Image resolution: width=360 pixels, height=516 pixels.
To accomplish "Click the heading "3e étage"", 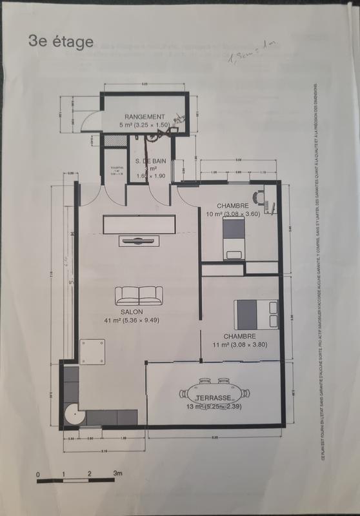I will [61, 42].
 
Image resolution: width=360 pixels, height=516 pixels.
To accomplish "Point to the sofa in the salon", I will [139, 295].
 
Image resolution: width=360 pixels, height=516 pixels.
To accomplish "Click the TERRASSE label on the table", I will [206, 398].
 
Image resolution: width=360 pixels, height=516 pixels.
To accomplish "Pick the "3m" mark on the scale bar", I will [117, 473].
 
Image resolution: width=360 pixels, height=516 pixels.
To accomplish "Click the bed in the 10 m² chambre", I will [234, 237].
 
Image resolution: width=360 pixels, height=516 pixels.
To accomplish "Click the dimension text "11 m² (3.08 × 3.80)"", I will [241, 344].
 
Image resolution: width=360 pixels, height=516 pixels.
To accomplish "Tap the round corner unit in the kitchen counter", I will [74, 417].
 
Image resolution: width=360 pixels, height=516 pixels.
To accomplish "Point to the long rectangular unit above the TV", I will [139, 224].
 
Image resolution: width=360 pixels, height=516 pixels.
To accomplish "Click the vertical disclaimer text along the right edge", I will [317, 271].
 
